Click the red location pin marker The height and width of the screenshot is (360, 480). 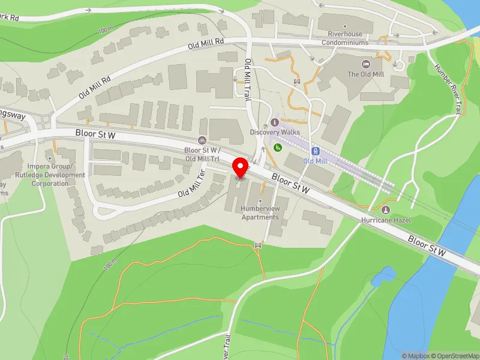pos(241,167)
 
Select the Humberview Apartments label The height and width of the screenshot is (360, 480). pos(260,212)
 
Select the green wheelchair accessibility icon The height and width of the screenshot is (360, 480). pos(277,146)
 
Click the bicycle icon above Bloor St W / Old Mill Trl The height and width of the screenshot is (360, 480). pos(202,140)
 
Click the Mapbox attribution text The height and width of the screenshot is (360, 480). pos(415,356)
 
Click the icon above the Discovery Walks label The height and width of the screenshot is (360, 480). pos(275,122)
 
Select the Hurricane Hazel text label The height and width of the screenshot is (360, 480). pos(385,220)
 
